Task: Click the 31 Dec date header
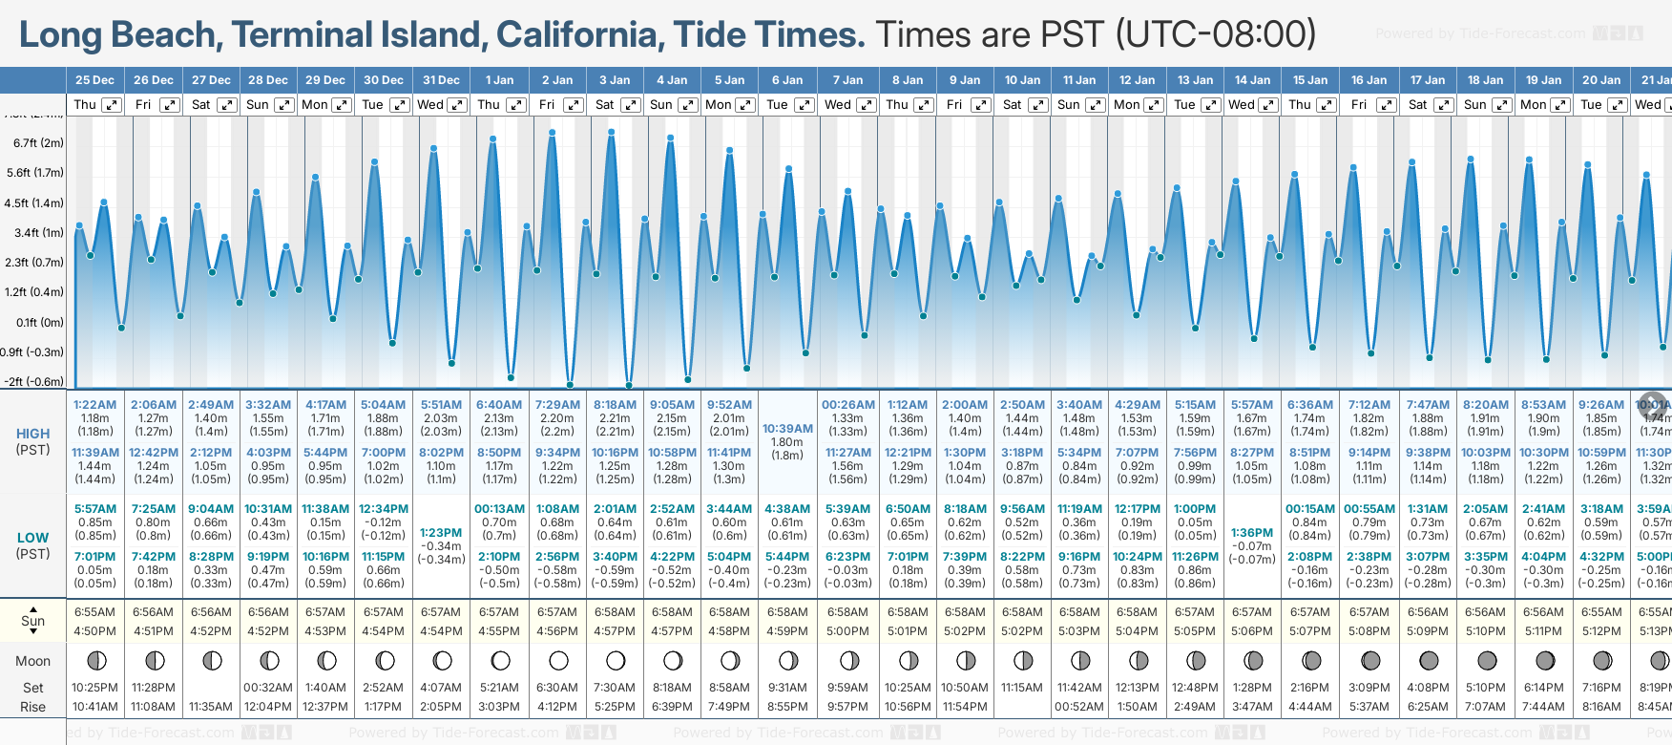click(441, 80)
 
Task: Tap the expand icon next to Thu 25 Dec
click(112, 105)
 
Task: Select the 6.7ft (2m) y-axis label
click(38, 143)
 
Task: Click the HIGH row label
click(33, 434)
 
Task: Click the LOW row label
click(33, 538)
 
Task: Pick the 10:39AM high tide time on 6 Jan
click(787, 429)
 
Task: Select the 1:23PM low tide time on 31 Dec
click(441, 533)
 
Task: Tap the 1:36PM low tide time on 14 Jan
click(1252, 533)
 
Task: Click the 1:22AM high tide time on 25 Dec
click(94, 405)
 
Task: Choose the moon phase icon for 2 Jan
click(558, 660)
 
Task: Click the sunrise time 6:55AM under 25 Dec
click(94, 612)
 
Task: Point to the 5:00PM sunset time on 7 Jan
click(847, 631)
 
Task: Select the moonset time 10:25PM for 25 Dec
click(94, 688)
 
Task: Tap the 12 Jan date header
click(1138, 80)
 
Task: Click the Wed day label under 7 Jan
click(837, 105)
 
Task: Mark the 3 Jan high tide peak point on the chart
click(611, 132)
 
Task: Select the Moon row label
click(33, 661)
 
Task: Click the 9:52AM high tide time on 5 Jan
click(729, 405)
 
